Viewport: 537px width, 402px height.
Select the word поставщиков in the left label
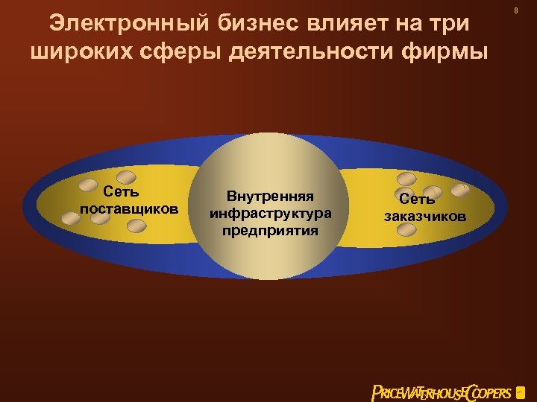(129, 208)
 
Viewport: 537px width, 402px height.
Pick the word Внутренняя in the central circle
(270, 197)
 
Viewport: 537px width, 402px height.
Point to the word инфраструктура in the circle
(270, 214)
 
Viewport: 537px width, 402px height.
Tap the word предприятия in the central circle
(270, 230)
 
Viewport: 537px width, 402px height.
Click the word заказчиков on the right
(424, 217)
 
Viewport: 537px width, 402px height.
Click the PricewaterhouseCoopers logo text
(442, 392)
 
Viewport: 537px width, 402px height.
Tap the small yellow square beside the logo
(520, 392)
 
